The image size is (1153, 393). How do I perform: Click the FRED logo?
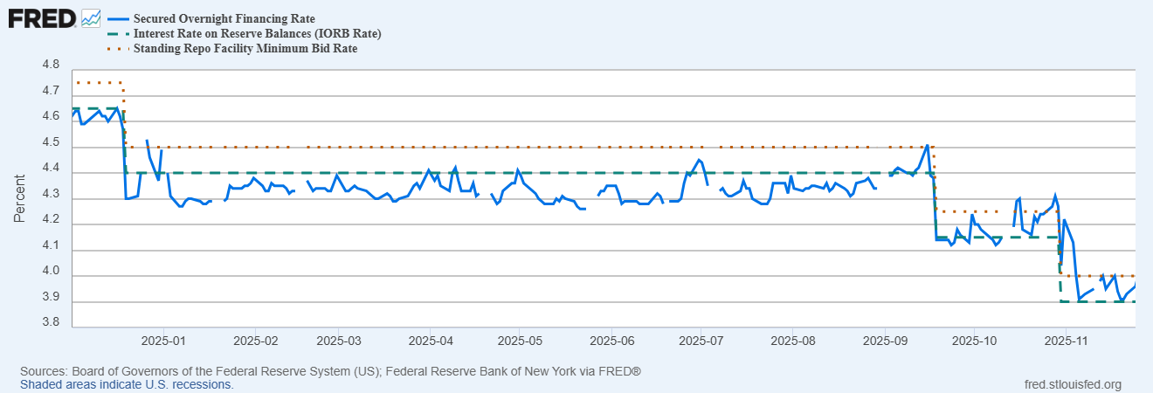pos(42,19)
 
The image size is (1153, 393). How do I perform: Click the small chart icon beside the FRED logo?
pos(91,18)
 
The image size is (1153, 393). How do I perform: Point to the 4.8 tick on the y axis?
pos(51,65)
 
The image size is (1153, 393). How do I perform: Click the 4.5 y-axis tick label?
pos(51,142)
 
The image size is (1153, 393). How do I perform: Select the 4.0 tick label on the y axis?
pos(51,271)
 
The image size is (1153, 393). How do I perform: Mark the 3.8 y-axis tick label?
pos(51,322)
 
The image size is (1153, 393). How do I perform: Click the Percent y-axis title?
pos(19,198)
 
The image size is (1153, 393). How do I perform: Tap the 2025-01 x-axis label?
pos(163,341)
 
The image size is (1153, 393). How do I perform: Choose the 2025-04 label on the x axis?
pos(431,341)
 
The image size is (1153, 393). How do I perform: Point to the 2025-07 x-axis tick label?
pos(701,341)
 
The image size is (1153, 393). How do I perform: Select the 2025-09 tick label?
pos(886,341)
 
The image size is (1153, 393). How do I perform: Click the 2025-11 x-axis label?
pos(1066,341)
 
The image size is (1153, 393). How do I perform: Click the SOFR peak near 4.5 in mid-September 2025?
pos(927,145)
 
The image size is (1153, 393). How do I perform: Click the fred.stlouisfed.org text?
pos(1073,385)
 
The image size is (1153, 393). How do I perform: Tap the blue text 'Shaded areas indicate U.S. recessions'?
pos(127,385)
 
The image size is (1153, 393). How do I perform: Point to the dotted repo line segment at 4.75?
pos(99,82)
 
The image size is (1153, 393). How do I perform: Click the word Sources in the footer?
pos(44,371)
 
